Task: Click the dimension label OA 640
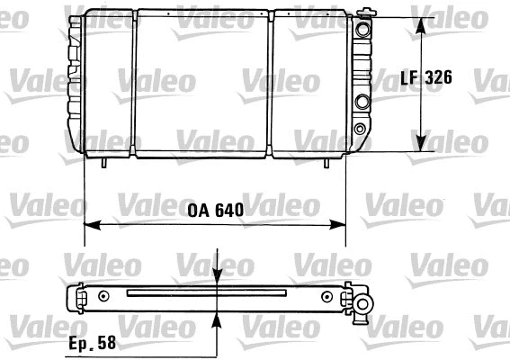click(x=216, y=211)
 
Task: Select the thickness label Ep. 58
click(x=93, y=343)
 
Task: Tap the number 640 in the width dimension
click(x=228, y=211)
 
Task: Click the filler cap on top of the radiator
click(x=364, y=13)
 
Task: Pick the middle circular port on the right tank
click(x=362, y=101)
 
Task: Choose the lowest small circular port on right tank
click(x=361, y=129)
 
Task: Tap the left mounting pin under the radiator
click(x=106, y=162)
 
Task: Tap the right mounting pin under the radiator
click(x=326, y=162)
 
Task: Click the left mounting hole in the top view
click(x=105, y=295)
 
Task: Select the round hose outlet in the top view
click(x=363, y=307)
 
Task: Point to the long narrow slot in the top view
click(x=207, y=292)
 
